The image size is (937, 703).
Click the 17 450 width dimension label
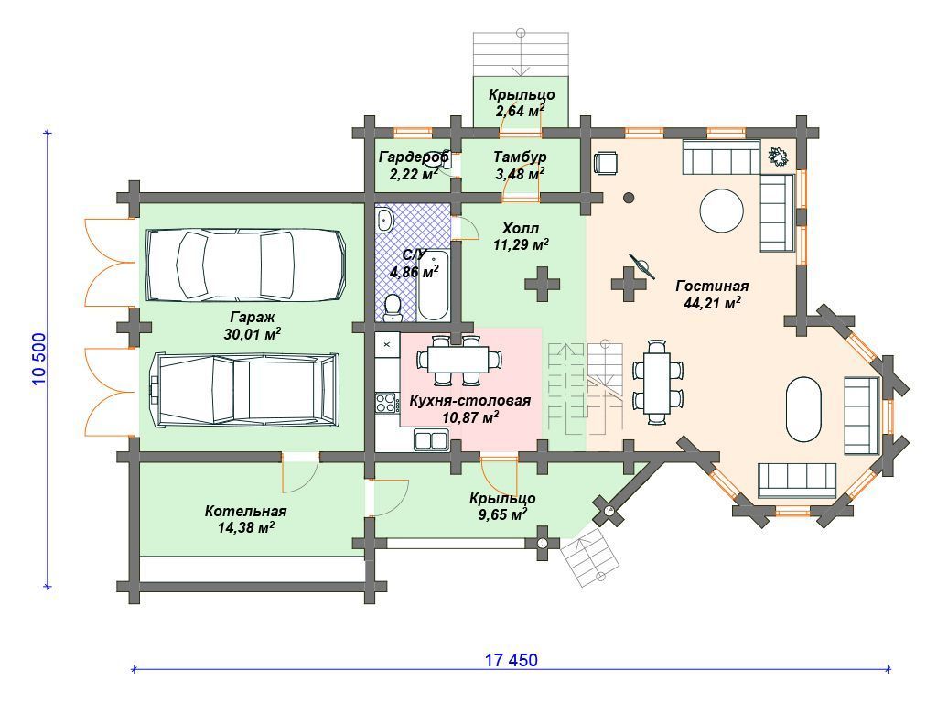(x=511, y=660)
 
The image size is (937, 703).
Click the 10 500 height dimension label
(x=38, y=359)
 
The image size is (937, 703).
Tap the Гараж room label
(x=253, y=317)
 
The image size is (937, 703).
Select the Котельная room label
(x=245, y=512)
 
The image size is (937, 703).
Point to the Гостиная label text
(x=712, y=287)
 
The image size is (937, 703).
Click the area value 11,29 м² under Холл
(x=521, y=244)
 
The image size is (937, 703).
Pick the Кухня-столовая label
(x=469, y=401)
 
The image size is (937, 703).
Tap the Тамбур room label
(x=520, y=157)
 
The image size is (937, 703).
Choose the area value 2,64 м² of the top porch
(x=520, y=111)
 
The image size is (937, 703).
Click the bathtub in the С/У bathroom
(x=433, y=286)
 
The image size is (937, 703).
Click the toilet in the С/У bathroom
(x=392, y=307)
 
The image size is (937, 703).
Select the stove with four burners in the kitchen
(x=387, y=402)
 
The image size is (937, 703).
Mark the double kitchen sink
(x=431, y=439)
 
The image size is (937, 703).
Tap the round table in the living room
(x=722, y=211)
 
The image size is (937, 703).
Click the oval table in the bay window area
(x=803, y=409)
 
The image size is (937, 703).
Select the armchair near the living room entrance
(x=606, y=163)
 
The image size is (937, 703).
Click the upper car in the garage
(x=246, y=265)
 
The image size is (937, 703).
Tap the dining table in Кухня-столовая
(x=459, y=361)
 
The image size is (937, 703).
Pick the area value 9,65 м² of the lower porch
(x=502, y=514)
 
